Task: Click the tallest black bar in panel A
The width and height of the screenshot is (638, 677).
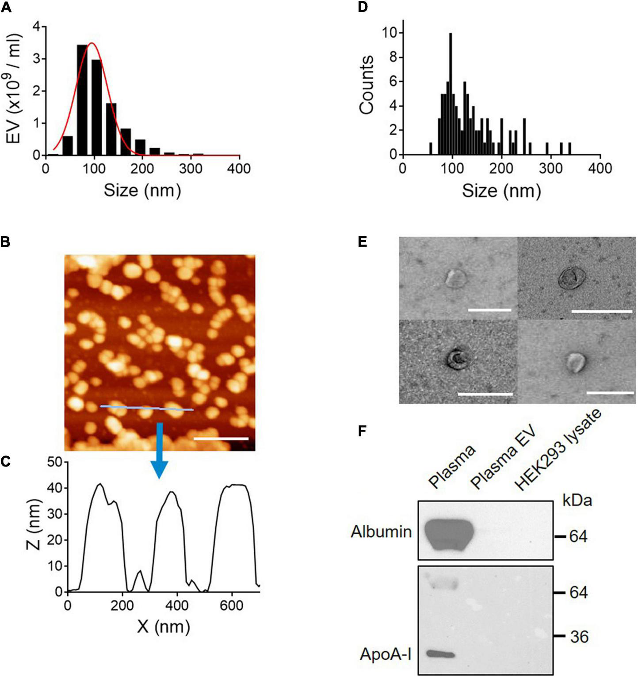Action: pyautogui.click(x=82, y=102)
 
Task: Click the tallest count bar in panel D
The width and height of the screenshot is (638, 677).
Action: pyautogui.click(x=450, y=95)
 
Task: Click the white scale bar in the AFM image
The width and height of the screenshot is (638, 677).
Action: pyautogui.click(x=221, y=439)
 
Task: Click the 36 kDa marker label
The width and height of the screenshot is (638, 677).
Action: pyautogui.click(x=579, y=637)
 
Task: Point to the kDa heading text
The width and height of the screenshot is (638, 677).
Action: pyautogui.click(x=577, y=501)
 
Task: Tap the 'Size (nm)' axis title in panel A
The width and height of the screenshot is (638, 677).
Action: pyautogui.click(x=142, y=190)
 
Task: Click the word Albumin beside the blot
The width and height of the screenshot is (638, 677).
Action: pyautogui.click(x=381, y=532)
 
